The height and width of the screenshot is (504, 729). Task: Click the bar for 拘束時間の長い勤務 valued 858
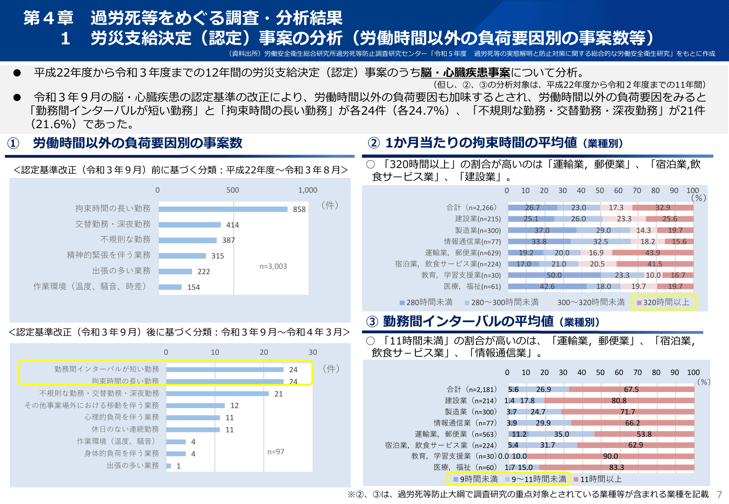click(x=223, y=209)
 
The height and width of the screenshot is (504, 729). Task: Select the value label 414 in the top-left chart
click(x=232, y=225)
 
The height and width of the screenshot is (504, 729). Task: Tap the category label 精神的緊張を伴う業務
click(x=109, y=255)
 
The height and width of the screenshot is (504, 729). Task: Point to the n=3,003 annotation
click(x=273, y=267)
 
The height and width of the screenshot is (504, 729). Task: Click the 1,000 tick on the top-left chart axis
click(x=308, y=190)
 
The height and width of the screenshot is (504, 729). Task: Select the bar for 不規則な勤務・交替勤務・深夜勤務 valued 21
click(x=218, y=394)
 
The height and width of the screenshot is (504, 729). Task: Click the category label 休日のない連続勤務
click(x=125, y=429)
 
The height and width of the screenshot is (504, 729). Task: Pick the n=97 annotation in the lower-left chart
click(x=276, y=452)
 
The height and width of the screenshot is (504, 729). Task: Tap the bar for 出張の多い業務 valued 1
click(x=169, y=466)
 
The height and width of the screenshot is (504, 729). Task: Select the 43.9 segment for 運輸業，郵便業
click(x=652, y=253)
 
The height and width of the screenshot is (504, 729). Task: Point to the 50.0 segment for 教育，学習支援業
click(x=554, y=276)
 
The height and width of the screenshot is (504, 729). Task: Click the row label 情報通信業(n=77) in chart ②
click(x=472, y=242)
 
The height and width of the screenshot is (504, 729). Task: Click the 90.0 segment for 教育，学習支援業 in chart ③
click(x=610, y=457)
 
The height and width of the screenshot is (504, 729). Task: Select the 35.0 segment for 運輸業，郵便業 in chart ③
click(x=561, y=434)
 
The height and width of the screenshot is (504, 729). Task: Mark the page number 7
click(x=719, y=495)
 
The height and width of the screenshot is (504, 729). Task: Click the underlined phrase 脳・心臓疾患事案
click(x=465, y=73)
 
